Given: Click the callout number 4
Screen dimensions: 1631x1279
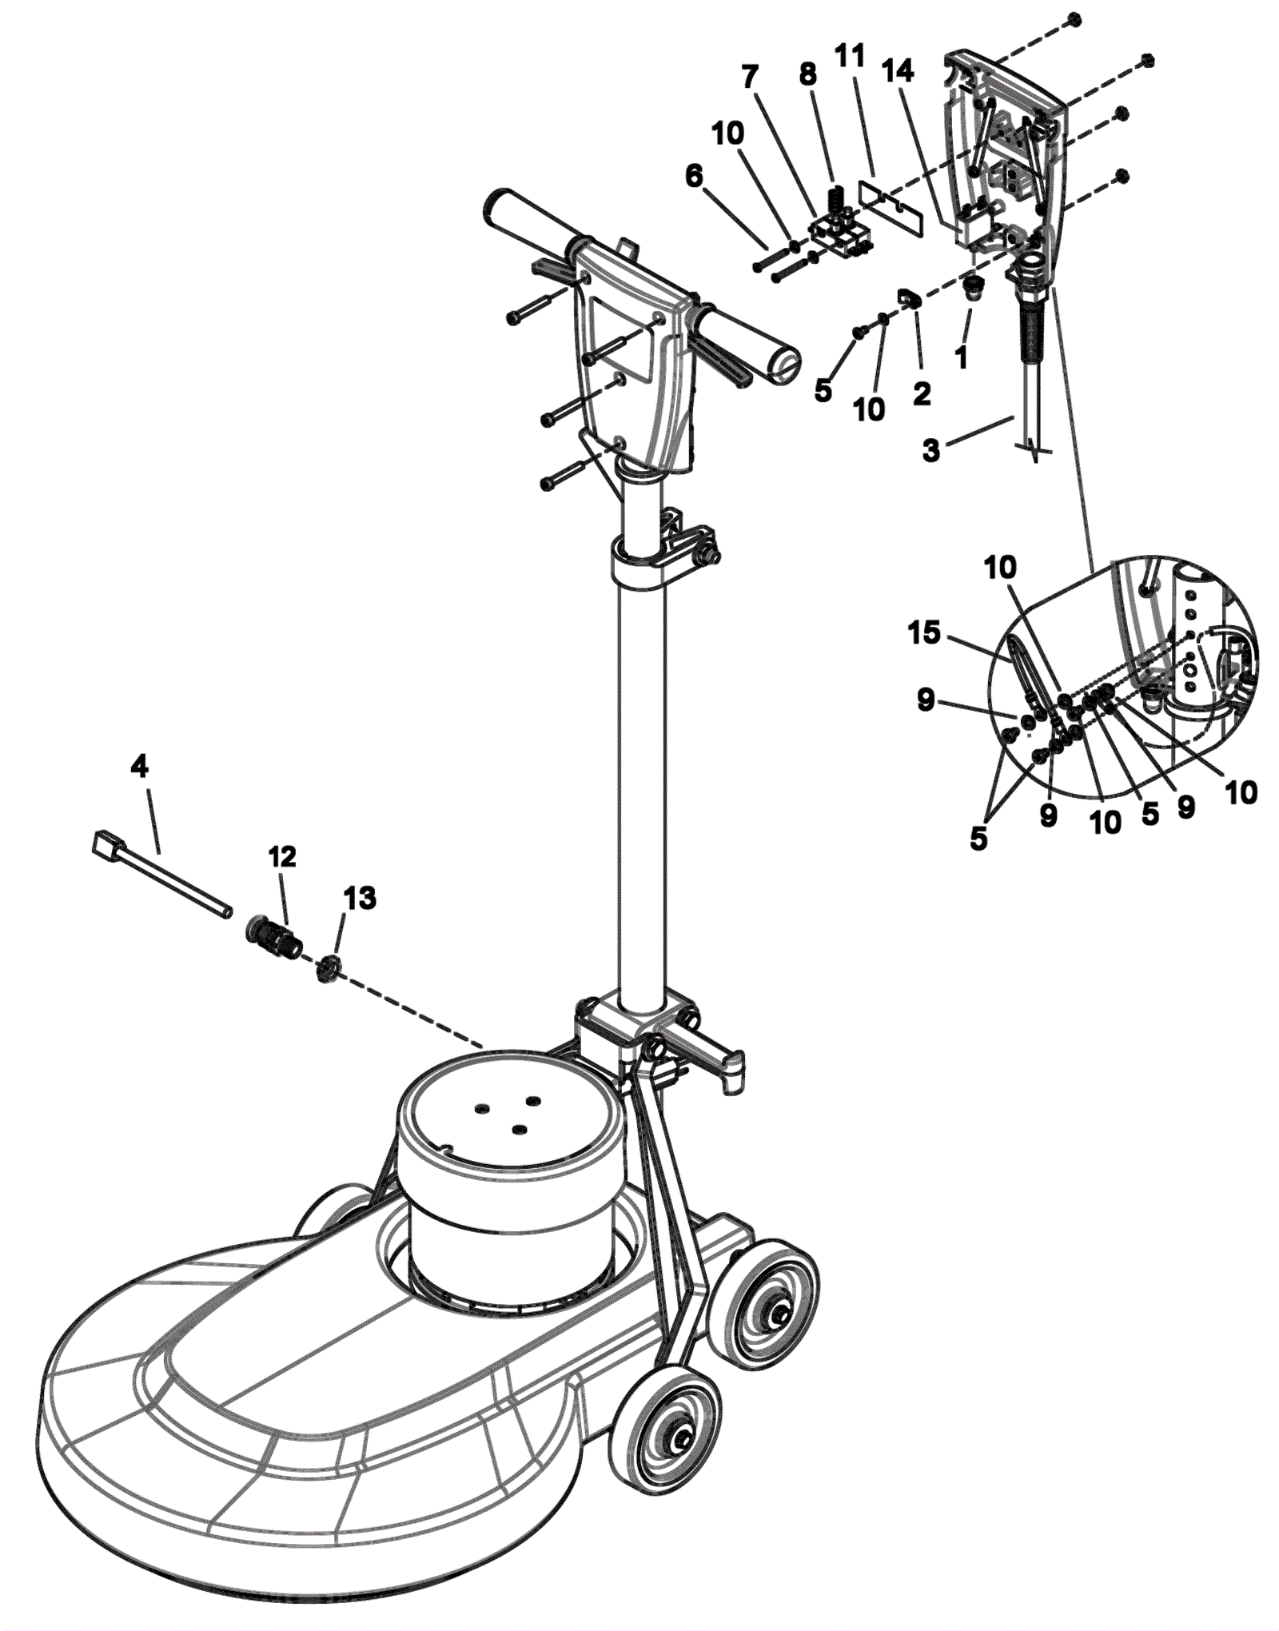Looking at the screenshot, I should [x=139, y=768].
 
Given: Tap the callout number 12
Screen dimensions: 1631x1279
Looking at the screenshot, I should [x=282, y=856].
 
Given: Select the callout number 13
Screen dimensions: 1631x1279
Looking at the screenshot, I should [x=360, y=898].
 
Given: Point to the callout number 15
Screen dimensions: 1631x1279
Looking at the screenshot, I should [x=924, y=633].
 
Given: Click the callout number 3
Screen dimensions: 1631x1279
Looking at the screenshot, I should [x=931, y=450].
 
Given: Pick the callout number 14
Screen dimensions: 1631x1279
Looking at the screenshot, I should [x=898, y=71].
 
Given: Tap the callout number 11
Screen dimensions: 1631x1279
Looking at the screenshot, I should [x=850, y=56].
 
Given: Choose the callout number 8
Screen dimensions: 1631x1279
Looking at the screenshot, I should [x=808, y=74].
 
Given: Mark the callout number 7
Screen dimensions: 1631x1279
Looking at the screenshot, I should [x=749, y=77].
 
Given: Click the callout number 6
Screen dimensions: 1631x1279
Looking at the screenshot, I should [x=694, y=176].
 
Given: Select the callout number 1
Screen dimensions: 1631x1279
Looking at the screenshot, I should [x=962, y=357].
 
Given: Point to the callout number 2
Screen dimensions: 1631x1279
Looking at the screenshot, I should [x=922, y=393].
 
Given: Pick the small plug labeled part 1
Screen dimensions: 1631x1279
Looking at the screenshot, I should [x=973, y=288].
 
